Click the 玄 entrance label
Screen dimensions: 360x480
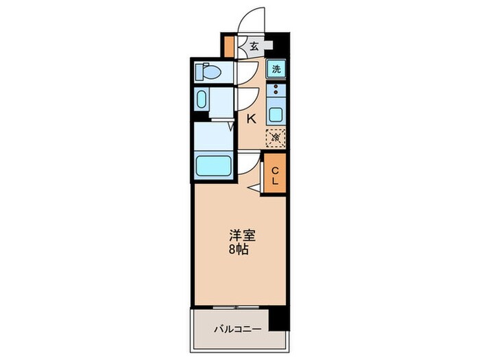tap(254, 47)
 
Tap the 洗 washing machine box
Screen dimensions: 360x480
tap(276, 69)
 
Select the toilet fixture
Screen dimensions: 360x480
tap(208, 71)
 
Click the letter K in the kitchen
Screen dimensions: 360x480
tap(251, 119)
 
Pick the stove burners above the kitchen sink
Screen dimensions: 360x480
tap(276, 90)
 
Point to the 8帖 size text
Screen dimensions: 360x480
tap(239, 249)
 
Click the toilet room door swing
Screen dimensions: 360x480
tap(247, 70)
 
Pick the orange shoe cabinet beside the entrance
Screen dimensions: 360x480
tap(228, 45)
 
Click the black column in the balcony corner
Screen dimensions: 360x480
tap(278, 319)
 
